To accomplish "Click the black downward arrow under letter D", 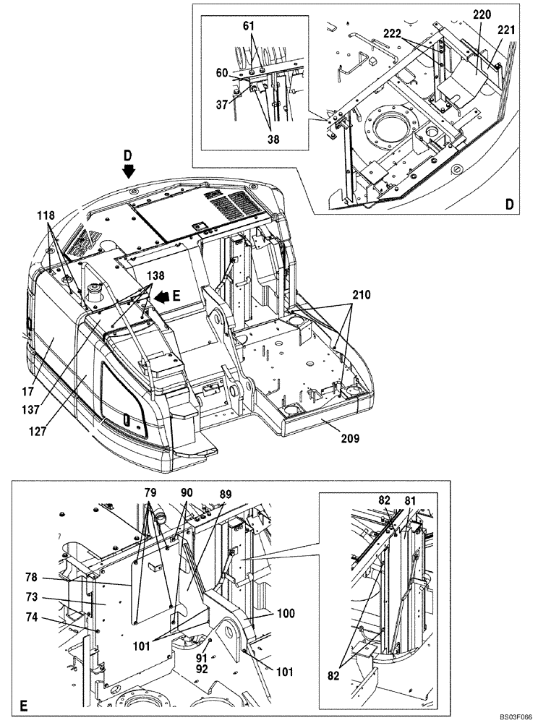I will click(129, 171).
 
